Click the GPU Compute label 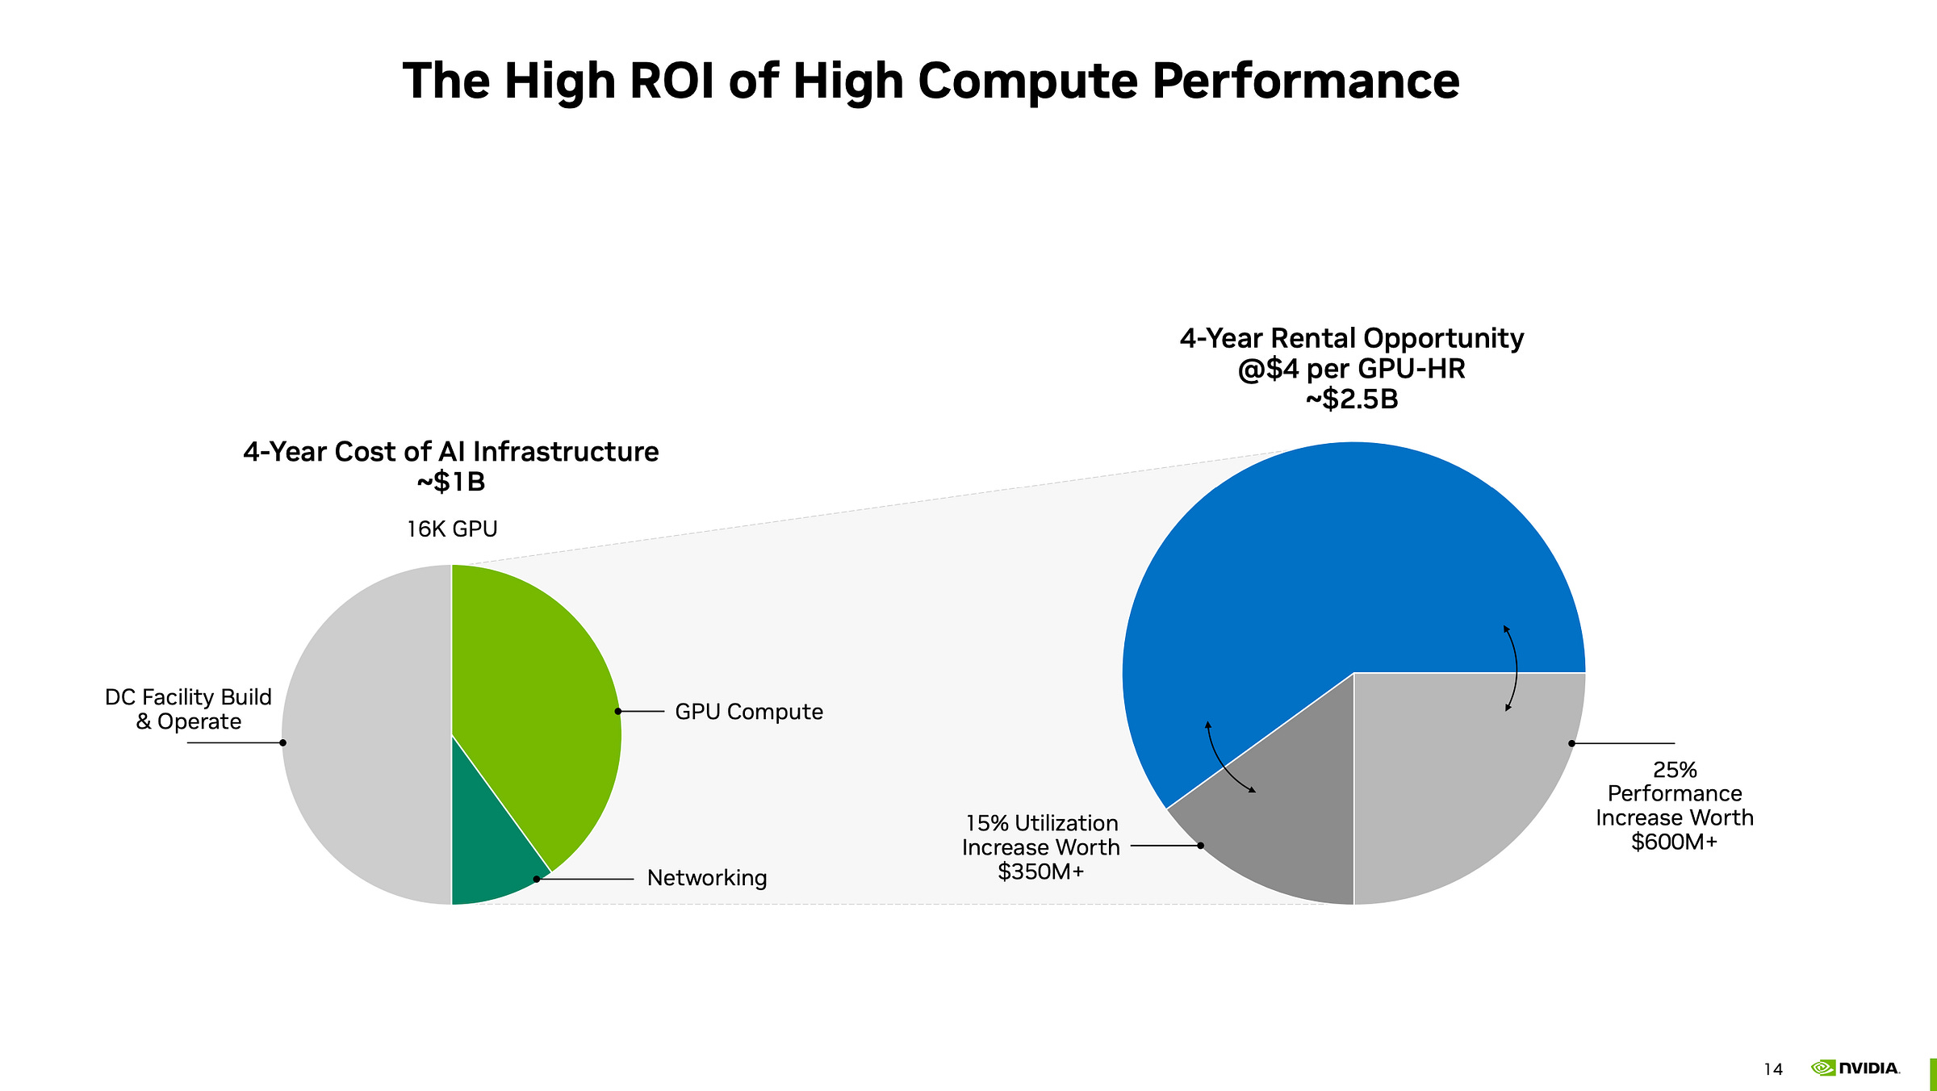(749, 712)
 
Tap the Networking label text (707, 878)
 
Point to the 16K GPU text (452, 529)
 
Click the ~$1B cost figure (451, 483)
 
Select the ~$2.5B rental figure (1352, 399)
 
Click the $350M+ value (1041, 872)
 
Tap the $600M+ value (1674, 842)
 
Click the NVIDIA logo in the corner (1855, 1068)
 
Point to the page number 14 (1772, 1070)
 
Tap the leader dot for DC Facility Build (283, 742)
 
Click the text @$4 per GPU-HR (1352, 369)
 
